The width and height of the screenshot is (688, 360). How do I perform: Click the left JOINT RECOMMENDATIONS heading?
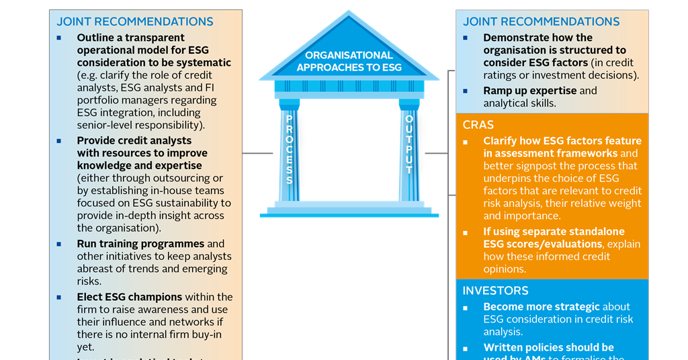pyautogui.click(x=135, y=21)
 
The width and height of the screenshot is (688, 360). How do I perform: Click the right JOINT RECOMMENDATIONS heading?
pyautogui.click(x=542, y=21)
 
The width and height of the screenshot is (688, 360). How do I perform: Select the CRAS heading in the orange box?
pyautogui.click(x=478, y=125)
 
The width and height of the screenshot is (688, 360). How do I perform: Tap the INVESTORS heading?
pyautogui.click(x=496, y=291)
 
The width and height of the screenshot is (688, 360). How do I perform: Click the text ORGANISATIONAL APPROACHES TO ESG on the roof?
pyautogui.click(x=349, y=61)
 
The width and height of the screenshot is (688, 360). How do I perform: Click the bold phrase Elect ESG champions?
pyautogui.click(x=130, y=297)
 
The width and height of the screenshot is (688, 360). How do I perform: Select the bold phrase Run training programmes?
pyautogui.click(x=140, y=244)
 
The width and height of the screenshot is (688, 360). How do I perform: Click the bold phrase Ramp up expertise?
pyautogui.click(x=530, y=91)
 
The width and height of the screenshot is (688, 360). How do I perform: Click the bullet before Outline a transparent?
pyautogui.click(x=60, y=38)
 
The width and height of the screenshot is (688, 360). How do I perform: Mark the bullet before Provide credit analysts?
pyautogui.click(x=60, y=140)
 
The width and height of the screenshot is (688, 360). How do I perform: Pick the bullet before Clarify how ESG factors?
pyautogui.click(x=466, y=141)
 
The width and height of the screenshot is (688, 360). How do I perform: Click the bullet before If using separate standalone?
pyautogui.click(x=466, y=232)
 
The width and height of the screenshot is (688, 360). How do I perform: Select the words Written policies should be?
pyautogui.click(x=548, y=347)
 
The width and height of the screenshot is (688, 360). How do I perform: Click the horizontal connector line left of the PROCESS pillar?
pyautogui.click(x=257, y=153)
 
